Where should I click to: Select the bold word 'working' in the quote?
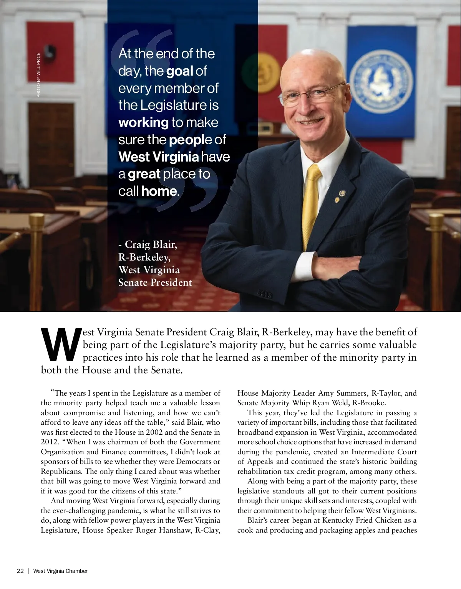(x=143, y=122)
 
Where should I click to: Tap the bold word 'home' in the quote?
(x=159, y=191)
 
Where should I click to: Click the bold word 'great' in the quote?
(x=144, y=174)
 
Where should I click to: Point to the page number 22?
(x=20, y=571)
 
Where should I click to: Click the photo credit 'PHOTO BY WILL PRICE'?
(x=38, y=74)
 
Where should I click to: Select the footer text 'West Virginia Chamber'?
(x=60, y=571)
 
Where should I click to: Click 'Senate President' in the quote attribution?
(x=155, y=283)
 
